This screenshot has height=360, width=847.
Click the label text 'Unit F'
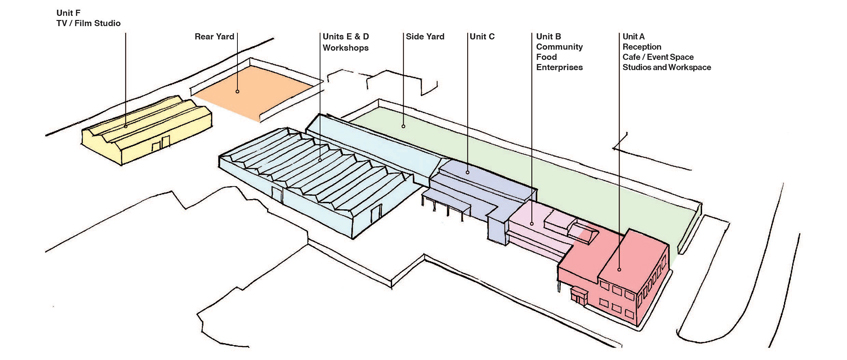coord(66,12)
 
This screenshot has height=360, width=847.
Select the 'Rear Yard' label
coord(214,37)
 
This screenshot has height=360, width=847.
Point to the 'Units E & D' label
coord(346,37)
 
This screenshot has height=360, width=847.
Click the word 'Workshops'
coord(346,47)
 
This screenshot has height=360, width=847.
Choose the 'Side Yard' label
coord(425,37)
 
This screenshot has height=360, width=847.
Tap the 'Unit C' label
coord(482,37)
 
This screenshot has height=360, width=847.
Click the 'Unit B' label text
coord(549,37)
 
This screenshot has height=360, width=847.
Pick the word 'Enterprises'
coord(560,68)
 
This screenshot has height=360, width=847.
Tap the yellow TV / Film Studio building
coord(146,130)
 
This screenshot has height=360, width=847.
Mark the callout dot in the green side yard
coord(404,126)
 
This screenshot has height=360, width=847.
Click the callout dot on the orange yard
coord(237,91)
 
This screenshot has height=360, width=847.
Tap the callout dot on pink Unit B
coord(532,223)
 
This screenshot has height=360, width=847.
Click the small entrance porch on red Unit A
coord(579,295)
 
